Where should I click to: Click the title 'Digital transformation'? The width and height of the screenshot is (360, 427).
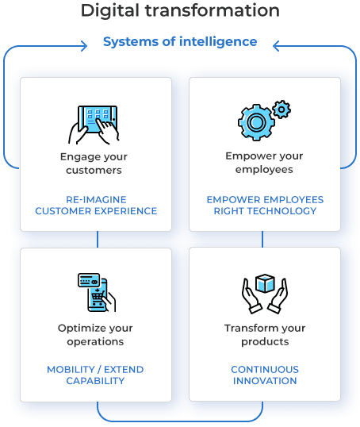[180, 11]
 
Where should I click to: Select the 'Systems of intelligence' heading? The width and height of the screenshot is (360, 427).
[180, 41]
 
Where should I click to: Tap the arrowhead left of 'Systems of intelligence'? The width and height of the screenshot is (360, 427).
[82, 46]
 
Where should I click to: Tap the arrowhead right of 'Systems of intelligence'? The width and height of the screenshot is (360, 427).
[277, 46]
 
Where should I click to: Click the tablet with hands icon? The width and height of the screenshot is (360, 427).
[96, 121]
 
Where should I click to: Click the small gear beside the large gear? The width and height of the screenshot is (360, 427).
[280, 107]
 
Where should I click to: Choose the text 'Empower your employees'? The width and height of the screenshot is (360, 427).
[265, 163]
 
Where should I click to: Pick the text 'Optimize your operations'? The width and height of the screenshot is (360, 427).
[96, 335]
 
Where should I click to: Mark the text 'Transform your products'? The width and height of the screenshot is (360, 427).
[265, 335]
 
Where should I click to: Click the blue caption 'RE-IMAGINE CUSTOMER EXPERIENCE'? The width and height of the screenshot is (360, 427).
[96, 205]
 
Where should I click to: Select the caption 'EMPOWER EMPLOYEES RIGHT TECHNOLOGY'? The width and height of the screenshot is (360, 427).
[265, 205]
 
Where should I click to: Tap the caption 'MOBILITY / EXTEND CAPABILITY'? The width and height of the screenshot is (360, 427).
[96, 375]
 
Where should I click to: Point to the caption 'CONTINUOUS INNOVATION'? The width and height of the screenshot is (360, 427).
[265, 375]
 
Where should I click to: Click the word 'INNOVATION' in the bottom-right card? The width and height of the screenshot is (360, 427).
[265, 381]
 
